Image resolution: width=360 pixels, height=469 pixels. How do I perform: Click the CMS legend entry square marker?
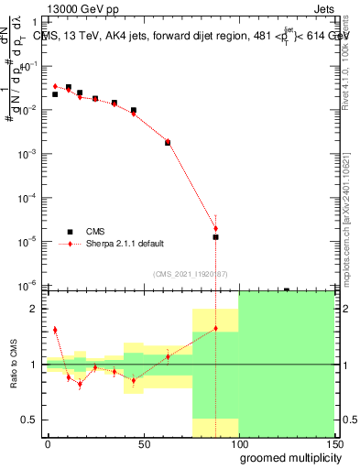point(69,232)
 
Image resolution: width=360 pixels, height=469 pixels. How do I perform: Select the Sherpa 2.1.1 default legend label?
point(125,244)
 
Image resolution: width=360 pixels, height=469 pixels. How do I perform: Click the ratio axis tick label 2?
point(34,309)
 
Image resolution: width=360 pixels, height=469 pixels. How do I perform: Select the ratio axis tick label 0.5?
point(30,420)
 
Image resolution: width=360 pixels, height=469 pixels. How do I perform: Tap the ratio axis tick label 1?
point(34,365)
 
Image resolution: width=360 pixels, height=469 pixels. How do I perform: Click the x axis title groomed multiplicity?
point(288,458)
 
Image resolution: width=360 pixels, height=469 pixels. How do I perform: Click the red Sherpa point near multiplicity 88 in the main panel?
point(215,228)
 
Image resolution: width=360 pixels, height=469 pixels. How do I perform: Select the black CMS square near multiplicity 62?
point(168,142)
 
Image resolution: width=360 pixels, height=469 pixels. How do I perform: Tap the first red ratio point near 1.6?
point(55,330)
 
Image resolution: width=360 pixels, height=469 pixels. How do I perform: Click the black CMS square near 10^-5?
point(215,237)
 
